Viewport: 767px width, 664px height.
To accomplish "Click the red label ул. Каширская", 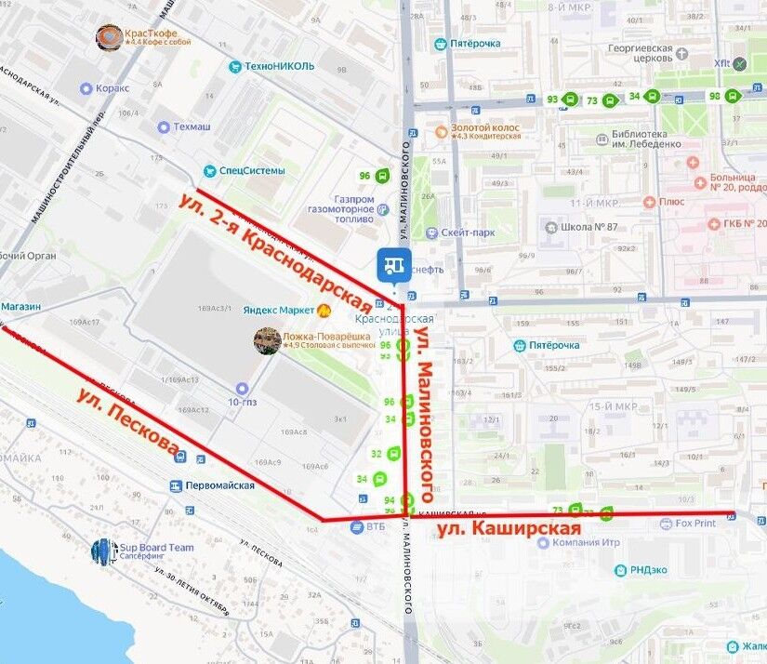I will pyautogui.click(x=509, y=529).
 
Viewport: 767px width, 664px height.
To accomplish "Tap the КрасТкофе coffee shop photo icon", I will pyautogui.click(x=109, y=37).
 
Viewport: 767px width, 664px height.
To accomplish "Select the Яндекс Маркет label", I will pyautogui.click(x=279, y=310).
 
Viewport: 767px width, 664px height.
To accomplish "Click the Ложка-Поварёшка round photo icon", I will pyautogui.click(x=268, y=340).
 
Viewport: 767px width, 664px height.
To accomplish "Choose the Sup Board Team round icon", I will pyautogui.click(x=104, y=551).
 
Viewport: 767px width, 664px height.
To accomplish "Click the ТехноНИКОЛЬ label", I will pyautogui.click(x=279, y=66).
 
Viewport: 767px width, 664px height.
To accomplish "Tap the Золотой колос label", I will pyautogui.click(x=483, y=126).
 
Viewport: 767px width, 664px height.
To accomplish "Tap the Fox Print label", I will pyautogui.click(x=694, y=524).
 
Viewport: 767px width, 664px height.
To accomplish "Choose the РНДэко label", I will pyautogui.click(x=651, y=570).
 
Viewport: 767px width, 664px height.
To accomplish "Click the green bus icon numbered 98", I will pyautogui.click(x=733, y=96).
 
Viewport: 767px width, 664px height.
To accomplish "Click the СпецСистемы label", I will pyautogui.click(x=251, y=171).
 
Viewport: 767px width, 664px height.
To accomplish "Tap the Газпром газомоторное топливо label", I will pyautogui.click(x=340, y=209).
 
